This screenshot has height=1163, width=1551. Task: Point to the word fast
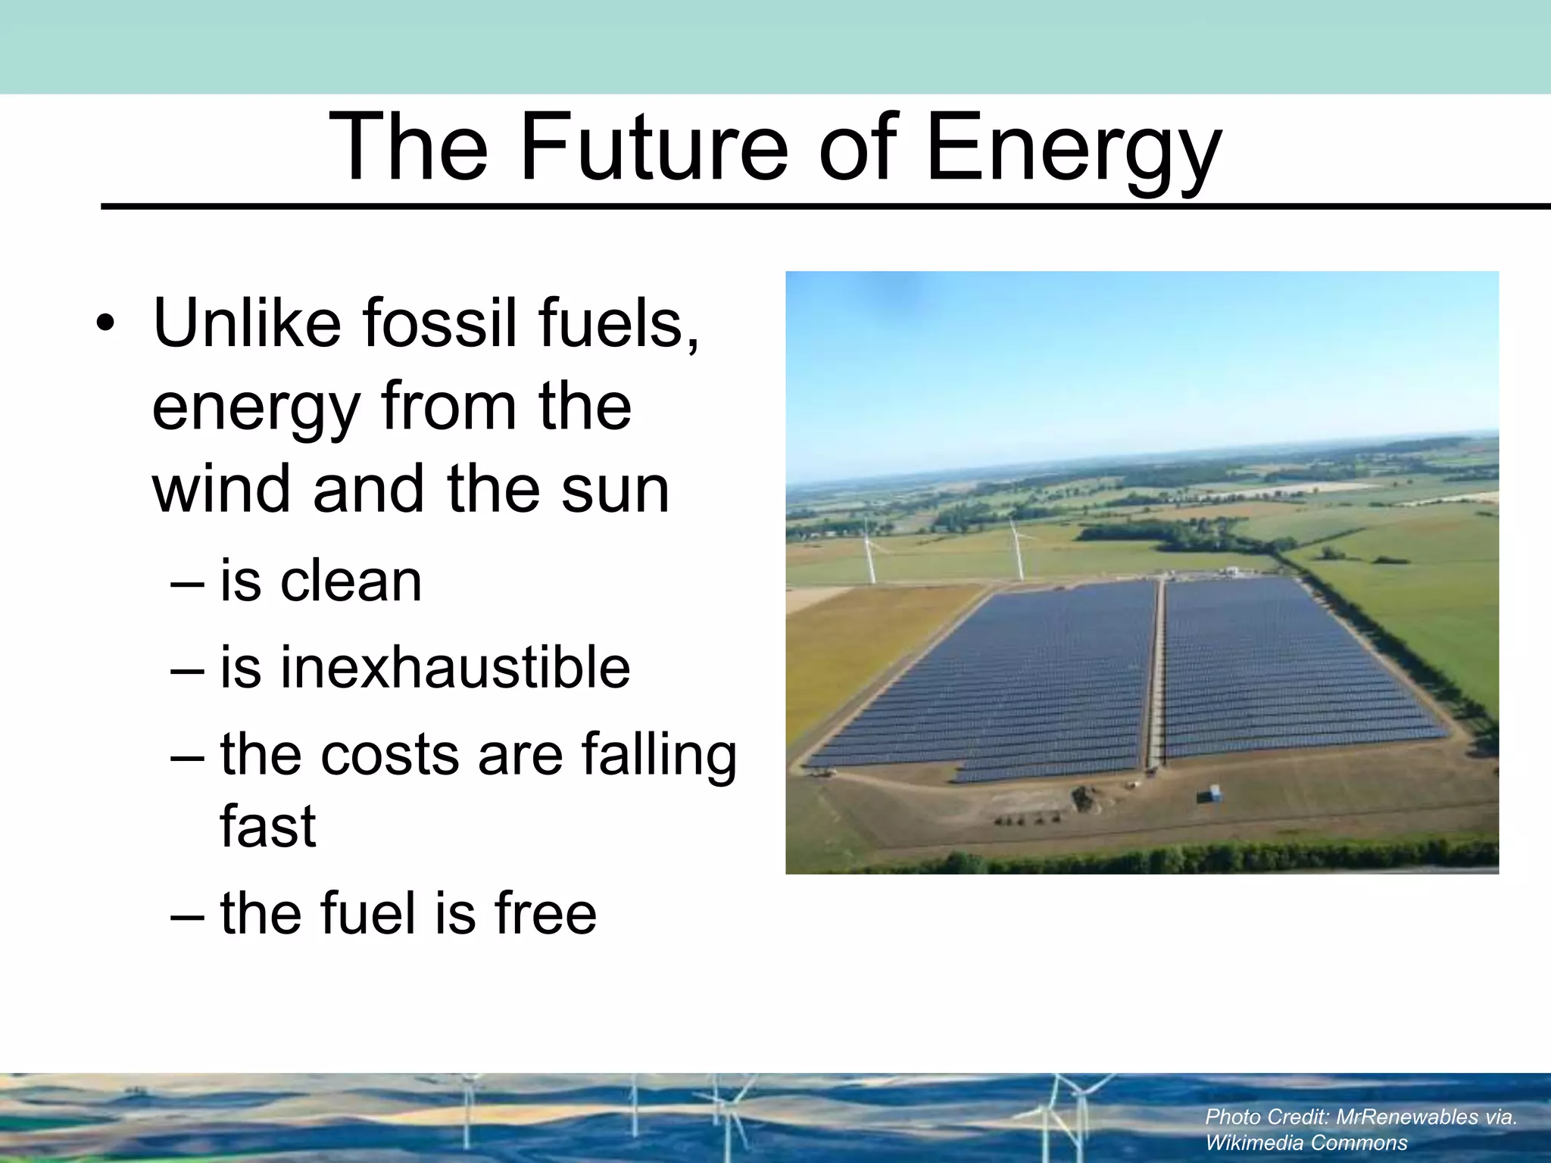(x=267, y=826)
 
